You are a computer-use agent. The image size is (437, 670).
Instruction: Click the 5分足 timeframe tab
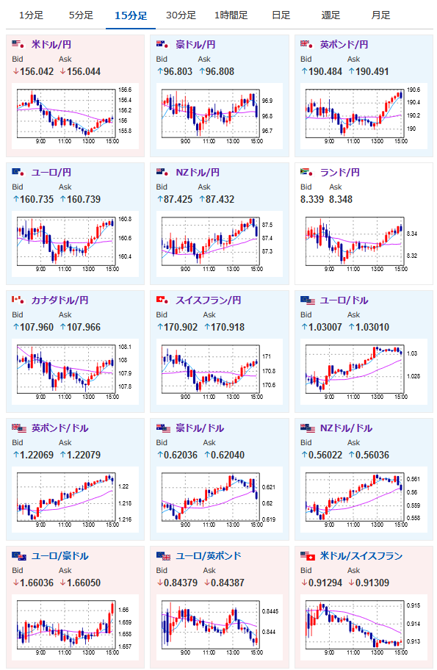pyautogui.click(x=82, y=15)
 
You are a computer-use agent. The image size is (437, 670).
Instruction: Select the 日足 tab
pyautogui.click(x=281, y=15)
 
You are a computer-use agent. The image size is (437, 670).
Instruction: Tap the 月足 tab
pyautogui.click(x=380, y=15)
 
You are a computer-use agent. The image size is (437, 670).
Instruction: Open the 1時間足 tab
pyautogui.click(x=231, y=15)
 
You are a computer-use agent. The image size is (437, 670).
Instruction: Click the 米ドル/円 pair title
pyautogui.click(x=51, y=44)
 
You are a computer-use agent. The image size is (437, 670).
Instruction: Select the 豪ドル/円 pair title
pyautogui.click(x=195, y=44)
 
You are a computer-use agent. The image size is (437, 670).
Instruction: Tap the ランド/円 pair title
pyautogui.click(x=340, y=172)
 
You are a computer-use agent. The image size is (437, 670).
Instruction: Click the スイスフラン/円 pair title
pyautogui.click(x=209, y=300)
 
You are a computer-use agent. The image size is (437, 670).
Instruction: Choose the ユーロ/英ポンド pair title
pyautogui.click(x=209, y=555)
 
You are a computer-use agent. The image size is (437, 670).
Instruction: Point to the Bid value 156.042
pyautogui.click(x=37, y=71)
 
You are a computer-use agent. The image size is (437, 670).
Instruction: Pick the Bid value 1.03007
pyautogui.click(x=325, y=327)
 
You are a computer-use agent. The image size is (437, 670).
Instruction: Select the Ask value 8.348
pyautogui.click(x=341, y=199)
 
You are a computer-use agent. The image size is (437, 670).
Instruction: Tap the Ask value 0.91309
pyautogui.click(x=372, y=583)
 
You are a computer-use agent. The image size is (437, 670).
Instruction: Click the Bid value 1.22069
pyautogui.click(x=37, y=455)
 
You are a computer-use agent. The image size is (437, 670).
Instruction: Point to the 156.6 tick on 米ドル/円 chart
pyautogui.click(x=125, y=90)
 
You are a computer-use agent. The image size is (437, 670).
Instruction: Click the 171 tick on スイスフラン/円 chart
pyautogui.click(x=267, y=356)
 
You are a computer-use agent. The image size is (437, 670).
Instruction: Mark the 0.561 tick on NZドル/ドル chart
pyautogui.click(x=413, y=479)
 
